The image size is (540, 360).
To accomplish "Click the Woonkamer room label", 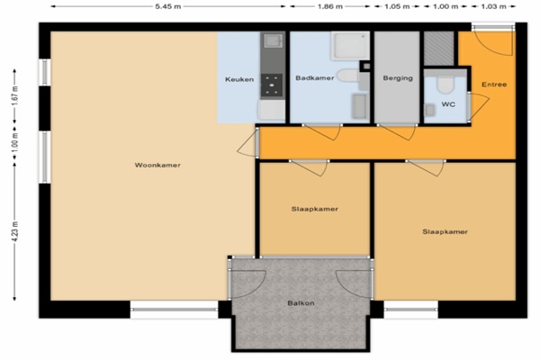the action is click(157, 165).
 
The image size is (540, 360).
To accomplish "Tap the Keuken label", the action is click(239, 79).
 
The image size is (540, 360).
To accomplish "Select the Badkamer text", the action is click(315, 78).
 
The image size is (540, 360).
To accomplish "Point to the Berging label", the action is click(398, 78).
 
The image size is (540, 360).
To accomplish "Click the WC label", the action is click(448, 104).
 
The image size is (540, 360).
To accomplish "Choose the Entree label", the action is click(494, 85).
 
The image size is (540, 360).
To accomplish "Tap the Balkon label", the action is click(301, 303).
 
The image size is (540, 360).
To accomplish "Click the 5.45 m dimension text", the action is click(168, 6).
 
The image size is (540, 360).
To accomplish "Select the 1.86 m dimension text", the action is click(330, 6).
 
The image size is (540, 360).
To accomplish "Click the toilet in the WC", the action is click(445, 85).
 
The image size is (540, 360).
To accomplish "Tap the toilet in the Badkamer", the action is click(347, 76).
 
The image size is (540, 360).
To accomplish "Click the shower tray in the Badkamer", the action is click(350, 46).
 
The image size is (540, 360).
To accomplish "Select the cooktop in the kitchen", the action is click(272, 85).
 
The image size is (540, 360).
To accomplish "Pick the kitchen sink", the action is click(273, 41).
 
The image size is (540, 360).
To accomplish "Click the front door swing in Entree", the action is click(493, 42).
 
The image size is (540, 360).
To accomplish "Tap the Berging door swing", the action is click(397, 132).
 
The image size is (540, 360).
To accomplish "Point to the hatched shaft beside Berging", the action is click(439, 49).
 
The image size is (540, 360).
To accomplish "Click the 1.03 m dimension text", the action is click(493, 6).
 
